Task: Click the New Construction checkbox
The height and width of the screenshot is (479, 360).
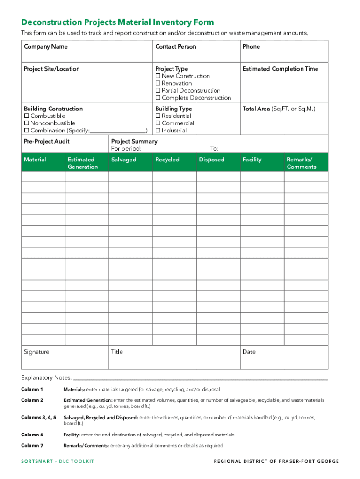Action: (158, 76)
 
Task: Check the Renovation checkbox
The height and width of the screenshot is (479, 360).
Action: (158, 83)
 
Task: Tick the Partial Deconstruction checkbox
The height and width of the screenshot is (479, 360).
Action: (158, 91)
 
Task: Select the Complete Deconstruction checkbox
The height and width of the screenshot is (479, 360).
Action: (158, 98)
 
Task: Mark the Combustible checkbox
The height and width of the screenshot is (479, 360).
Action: (27, 116)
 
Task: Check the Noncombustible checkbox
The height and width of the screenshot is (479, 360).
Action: (27, 123)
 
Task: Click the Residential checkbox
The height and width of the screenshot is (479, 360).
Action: (158, 116)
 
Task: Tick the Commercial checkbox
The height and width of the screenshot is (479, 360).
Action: (158, 123)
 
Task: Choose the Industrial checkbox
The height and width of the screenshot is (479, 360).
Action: (158, 131)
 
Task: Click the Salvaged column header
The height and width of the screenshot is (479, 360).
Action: (123, 160)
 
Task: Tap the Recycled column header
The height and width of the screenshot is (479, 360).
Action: (167, 160)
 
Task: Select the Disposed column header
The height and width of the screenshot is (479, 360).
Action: (211, 160)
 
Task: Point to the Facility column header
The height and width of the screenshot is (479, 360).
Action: (252, 160)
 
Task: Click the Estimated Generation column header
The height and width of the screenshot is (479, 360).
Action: (82, 163)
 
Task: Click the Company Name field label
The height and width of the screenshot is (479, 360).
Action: (45, 47)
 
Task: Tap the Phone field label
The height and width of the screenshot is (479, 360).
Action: (251, 47)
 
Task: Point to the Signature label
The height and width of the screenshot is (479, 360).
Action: (36, 352)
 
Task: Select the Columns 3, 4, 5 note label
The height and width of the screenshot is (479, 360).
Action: (38, 417)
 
